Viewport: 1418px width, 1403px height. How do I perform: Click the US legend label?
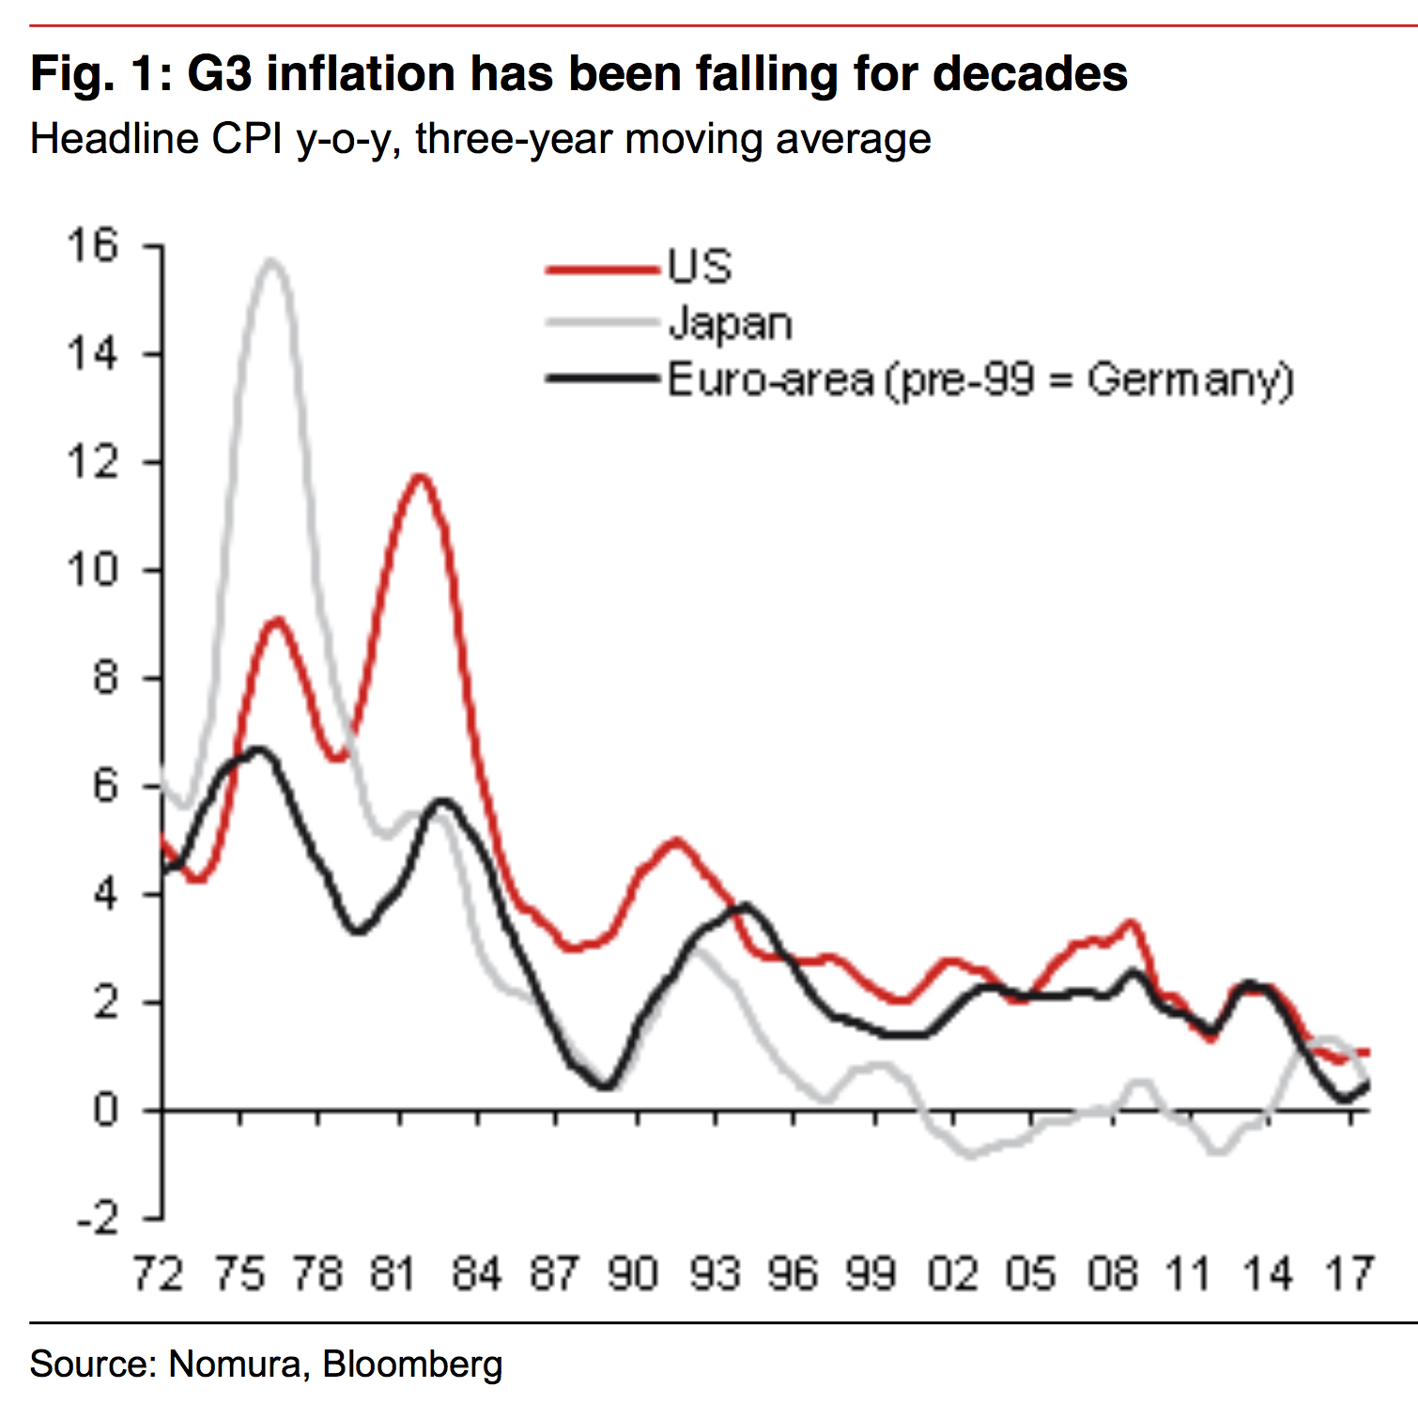700,267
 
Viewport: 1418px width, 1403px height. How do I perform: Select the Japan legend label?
730,324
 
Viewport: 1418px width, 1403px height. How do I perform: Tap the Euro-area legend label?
980,380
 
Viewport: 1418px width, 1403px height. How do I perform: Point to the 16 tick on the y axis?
92,246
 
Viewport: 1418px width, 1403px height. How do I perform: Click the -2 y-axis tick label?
98,1219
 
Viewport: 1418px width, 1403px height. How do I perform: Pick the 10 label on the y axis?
92,570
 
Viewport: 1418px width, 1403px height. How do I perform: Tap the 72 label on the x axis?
158,1274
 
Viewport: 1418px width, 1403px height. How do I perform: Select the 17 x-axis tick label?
1349,1274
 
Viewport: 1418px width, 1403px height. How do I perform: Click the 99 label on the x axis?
871,1274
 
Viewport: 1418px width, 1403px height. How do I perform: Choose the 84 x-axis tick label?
476,1274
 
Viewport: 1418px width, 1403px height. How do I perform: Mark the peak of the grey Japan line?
272,260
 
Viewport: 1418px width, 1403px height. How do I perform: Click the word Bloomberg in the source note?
412,1364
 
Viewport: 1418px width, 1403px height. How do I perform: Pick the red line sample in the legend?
602,270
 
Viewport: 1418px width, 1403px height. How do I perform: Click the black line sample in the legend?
602,379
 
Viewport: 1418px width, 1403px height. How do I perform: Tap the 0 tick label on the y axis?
106,1111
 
